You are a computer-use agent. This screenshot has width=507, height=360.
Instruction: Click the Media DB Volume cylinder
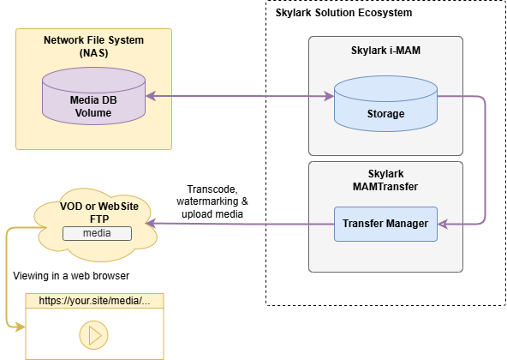93,96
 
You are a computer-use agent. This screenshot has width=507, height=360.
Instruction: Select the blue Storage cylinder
385,104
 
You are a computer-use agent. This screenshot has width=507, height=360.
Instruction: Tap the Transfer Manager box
385,224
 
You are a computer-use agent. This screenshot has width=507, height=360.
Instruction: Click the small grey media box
97,233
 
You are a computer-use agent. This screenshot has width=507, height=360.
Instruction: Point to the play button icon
93,335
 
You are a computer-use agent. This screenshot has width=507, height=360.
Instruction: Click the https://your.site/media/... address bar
94,301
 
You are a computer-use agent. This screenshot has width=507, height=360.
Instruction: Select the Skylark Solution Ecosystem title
343,13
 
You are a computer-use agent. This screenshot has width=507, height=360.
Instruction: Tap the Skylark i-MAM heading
385,51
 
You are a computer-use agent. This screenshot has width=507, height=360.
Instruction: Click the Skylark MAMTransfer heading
385,180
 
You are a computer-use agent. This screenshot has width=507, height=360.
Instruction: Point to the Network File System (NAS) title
93,46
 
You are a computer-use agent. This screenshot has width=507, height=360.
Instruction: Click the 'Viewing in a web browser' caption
71,276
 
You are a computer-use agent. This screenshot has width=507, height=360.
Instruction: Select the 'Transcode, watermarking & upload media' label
212,201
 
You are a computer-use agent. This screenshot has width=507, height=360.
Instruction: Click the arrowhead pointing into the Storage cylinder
329,96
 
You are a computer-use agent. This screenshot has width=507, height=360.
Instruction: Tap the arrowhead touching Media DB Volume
151,96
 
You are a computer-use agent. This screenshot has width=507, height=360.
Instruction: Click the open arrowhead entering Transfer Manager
443,224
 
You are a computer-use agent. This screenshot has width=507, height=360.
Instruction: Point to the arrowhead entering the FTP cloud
151,224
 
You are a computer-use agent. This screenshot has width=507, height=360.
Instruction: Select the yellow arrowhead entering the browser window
21,327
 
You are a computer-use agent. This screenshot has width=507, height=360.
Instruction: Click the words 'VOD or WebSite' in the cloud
99,207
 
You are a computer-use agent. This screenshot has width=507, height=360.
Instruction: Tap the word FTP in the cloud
99,219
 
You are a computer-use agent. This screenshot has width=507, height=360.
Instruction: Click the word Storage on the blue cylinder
385,114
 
